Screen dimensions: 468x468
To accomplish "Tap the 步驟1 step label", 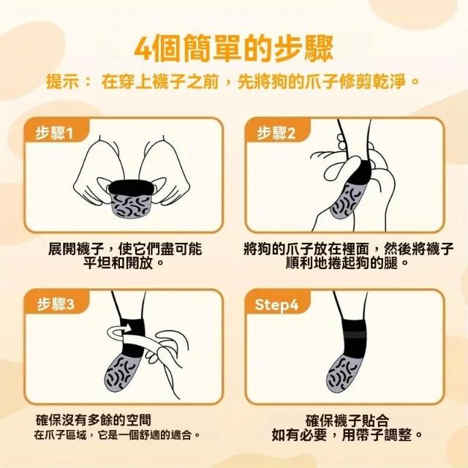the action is [54, 133].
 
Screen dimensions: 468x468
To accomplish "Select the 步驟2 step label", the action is [276, 133].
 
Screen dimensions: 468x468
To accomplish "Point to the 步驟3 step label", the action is [56, 304].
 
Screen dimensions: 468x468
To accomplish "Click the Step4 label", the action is [276, 304].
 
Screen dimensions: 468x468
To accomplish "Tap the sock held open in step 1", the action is [131, 198].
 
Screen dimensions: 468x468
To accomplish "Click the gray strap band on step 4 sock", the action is [354, 334].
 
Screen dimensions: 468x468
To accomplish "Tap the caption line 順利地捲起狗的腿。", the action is [347, 263].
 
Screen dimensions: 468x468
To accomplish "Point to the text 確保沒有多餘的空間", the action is [94, 420].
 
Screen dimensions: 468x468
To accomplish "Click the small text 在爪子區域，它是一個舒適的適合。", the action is [117, 435].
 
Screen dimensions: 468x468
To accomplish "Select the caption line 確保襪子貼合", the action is [347, 420].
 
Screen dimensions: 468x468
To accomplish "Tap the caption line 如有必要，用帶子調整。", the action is [347, 435].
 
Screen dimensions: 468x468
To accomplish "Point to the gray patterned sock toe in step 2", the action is [348, 200].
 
